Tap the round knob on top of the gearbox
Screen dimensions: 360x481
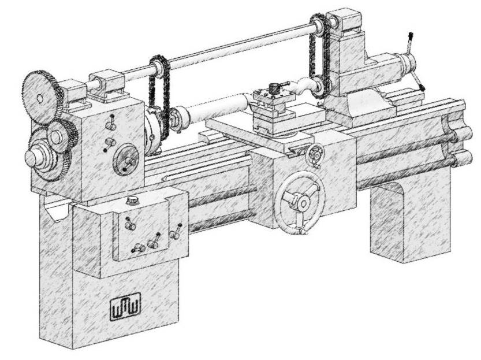(x=133, y=201)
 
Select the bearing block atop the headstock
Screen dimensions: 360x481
(x=107, y=84)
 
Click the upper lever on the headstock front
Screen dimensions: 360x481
(x=111, y=123)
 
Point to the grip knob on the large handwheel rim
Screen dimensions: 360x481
(x=301, y=232)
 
